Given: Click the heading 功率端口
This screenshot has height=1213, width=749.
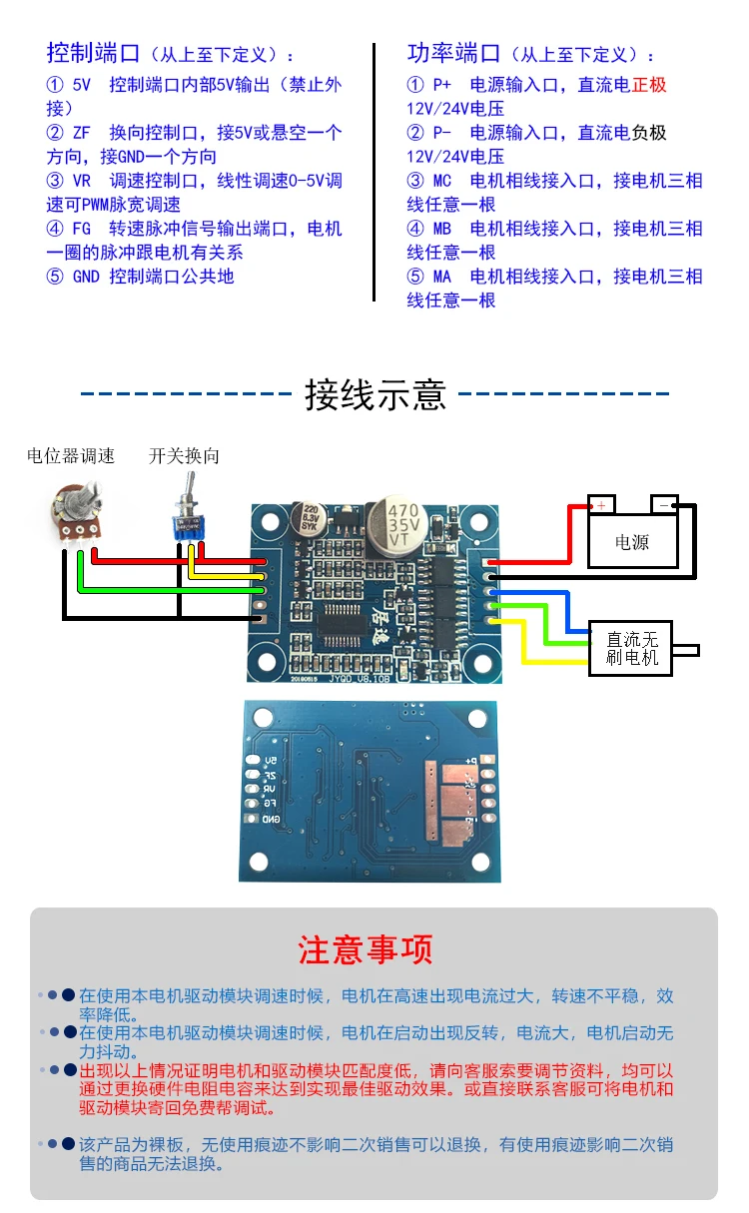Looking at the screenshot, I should coord(453,52).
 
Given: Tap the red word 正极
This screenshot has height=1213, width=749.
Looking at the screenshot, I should coord(649,85).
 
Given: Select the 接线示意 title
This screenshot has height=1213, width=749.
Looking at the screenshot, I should coord(374,395).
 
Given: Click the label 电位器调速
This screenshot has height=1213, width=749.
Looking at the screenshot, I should coord(71,456).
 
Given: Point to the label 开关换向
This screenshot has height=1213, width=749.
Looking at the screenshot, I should coord(184,456).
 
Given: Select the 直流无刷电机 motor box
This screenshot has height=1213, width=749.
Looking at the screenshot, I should coord(632,648).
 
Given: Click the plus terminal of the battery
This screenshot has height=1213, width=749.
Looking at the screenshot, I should coord(601,504).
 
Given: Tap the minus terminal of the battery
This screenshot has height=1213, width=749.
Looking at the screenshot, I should coord(665,504).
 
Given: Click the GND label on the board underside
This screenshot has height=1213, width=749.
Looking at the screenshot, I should coord(271,819).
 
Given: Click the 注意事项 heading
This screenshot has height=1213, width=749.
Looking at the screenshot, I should coord(366,949).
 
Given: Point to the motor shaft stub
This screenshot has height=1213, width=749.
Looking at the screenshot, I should coord(687,650).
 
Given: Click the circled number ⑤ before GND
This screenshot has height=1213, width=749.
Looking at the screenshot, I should coord(55,277).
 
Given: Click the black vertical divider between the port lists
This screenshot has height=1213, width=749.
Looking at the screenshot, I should coord(374,172).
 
